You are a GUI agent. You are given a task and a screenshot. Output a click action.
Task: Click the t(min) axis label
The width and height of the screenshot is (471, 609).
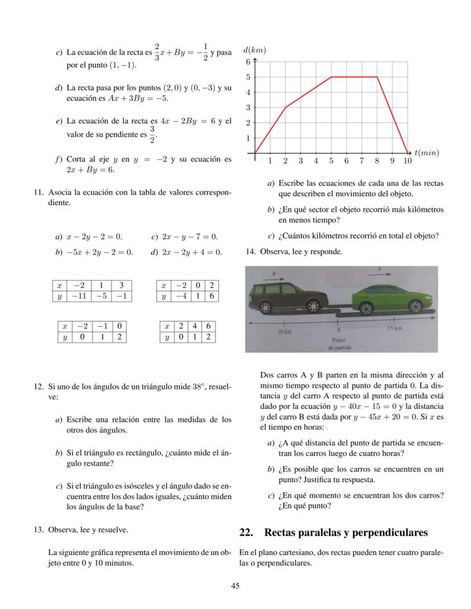pos(427,152)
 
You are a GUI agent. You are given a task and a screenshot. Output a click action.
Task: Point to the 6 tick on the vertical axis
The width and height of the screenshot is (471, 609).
pos(248,61)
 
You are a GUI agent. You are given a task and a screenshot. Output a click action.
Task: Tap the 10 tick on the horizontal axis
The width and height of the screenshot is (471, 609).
pos(407,161)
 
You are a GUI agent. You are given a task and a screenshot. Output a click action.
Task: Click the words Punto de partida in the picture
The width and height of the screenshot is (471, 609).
pos(339,342)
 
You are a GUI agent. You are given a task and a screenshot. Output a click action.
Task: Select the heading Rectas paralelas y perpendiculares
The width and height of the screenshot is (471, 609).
pos(346,533)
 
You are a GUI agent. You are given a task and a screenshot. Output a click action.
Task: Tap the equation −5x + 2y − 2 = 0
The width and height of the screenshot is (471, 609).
pos(99,251)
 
